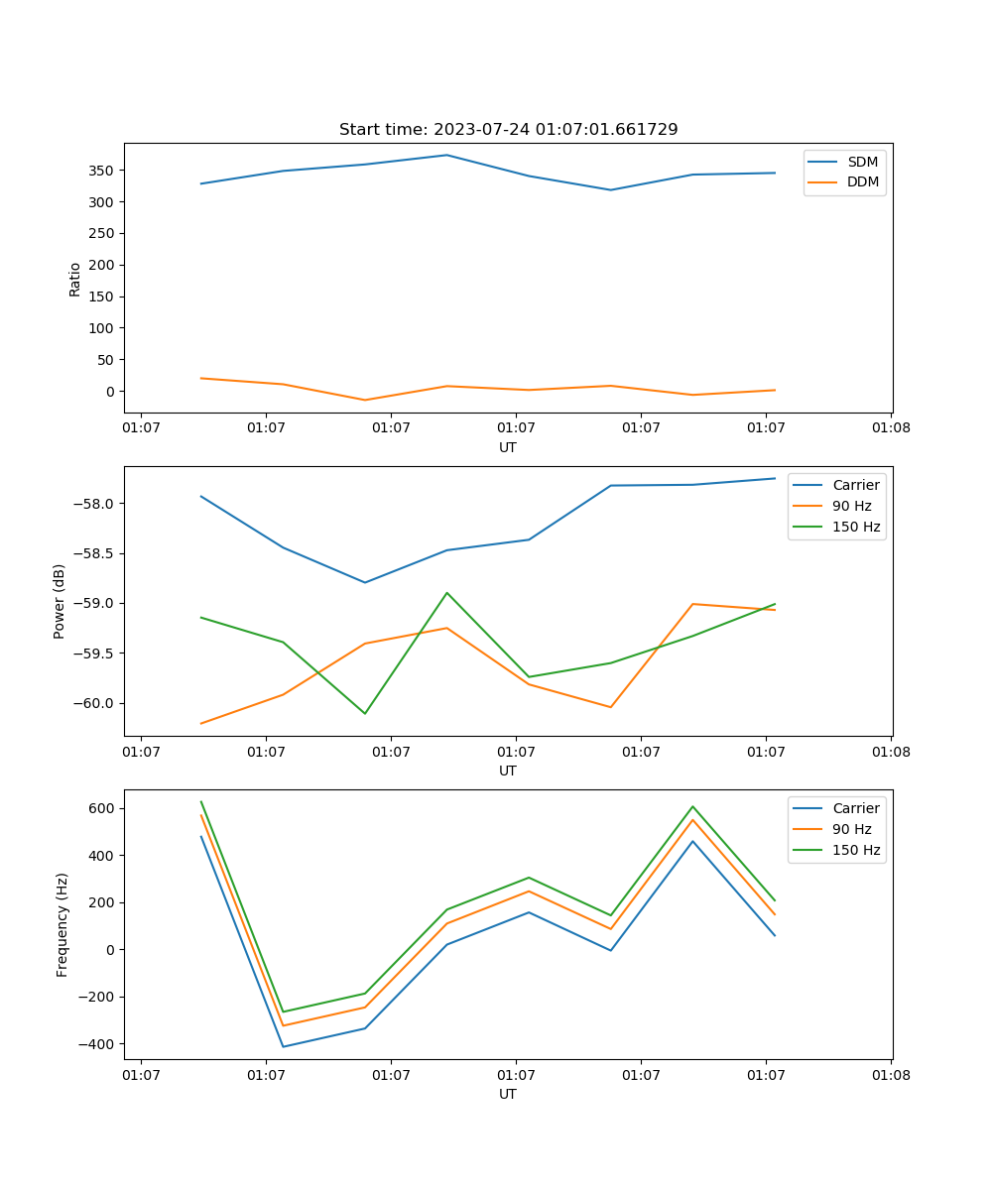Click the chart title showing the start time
pos(508,130)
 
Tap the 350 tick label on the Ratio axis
pos(102,171)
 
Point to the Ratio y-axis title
pos(75,279)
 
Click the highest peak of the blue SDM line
pos(446,155)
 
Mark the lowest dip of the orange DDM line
pos(365,400)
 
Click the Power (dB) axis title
pos(60,601)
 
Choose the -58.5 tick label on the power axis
pos(94,553)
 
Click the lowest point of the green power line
pos(365,713)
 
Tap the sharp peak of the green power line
pos(446,593)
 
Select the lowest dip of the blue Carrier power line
pos(365,582)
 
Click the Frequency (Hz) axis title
pos(62,924)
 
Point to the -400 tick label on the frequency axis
pos(97,1044)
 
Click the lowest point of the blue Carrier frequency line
pos(283,1046)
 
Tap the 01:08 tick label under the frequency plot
pos(890,1074)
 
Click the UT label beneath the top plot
pos(508,447)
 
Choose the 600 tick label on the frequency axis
pos(102,808)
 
